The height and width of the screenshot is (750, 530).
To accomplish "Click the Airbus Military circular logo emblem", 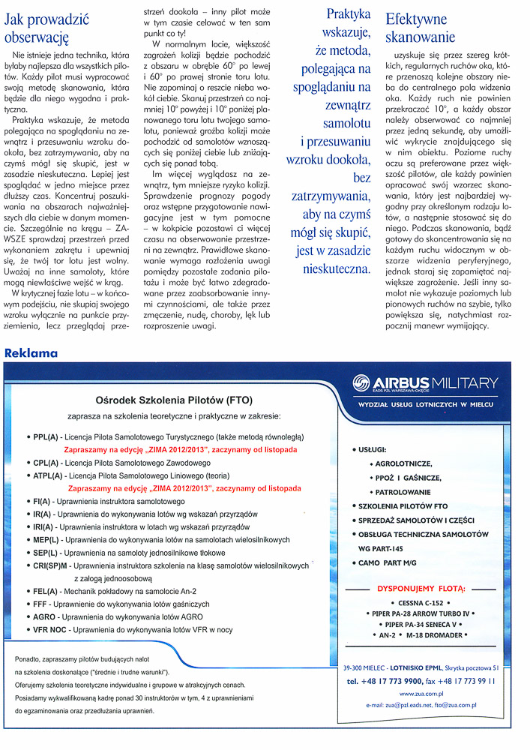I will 360,382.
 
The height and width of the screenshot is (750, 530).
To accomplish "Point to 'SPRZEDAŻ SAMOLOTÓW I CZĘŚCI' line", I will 422,520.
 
